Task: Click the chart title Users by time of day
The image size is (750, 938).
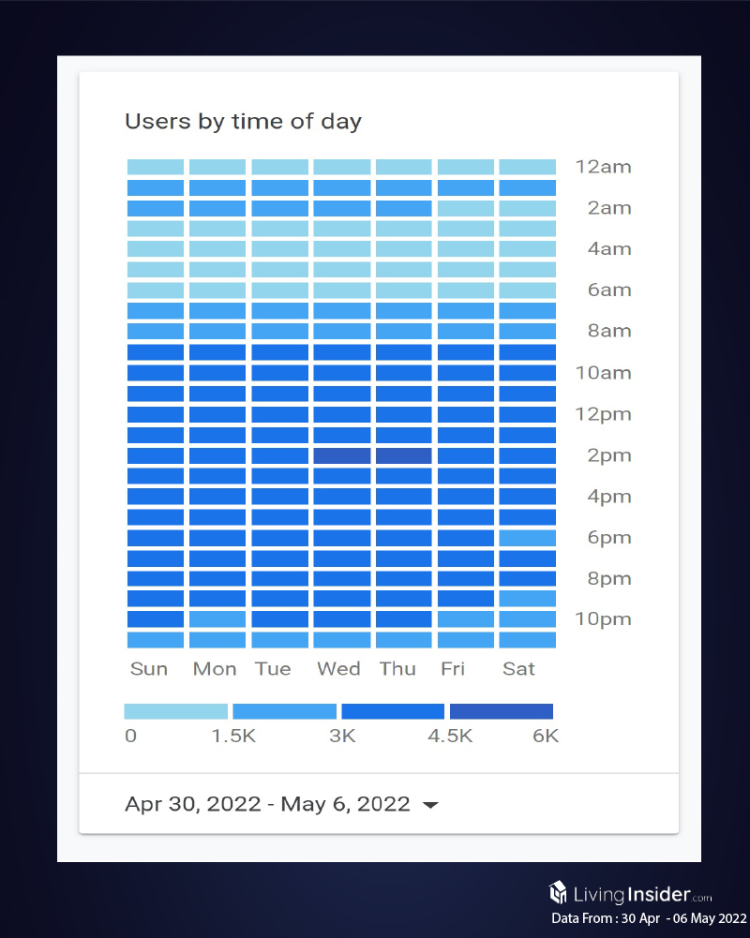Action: coord(243,122)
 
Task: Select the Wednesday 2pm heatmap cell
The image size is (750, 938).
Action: coord(341,455)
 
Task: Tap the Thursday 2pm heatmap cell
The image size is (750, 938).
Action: coord(403,455)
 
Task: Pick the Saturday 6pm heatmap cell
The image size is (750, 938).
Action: coord(528,538)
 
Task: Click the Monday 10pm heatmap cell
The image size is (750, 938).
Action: coord(217,619)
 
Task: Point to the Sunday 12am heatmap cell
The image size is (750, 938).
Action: coord(156,167)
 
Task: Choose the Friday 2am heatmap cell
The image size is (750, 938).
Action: coord(465,208)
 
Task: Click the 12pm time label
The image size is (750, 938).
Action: coord(603,414)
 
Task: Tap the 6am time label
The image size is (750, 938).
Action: coord(608,290)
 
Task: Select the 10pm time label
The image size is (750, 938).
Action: coord(603,619)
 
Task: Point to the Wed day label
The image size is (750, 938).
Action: coord(338,669)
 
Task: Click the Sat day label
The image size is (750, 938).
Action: coord(518,669)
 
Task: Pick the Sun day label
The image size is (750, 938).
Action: coord(149,669)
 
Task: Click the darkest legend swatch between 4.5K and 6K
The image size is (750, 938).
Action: coord(502,711)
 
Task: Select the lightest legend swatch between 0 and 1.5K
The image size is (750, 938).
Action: coord(176,711)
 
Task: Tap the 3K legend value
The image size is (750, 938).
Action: coord(342,737)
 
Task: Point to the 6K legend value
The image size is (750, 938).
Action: coord(546,737)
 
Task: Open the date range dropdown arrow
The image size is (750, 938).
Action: coord(430,805)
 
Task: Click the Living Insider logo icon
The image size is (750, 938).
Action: coord(558,891)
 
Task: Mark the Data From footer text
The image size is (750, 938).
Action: coord(649,919)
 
